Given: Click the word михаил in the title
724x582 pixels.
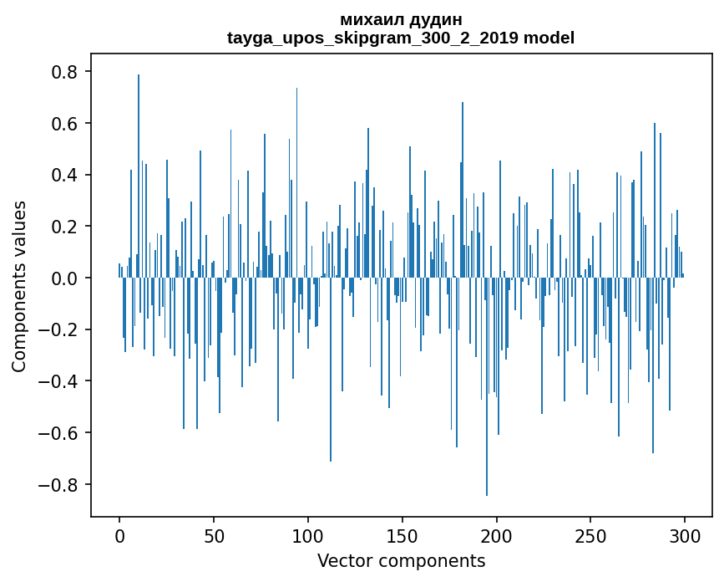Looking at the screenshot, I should pos(368,19).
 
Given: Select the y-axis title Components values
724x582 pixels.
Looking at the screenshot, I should pos(19,286).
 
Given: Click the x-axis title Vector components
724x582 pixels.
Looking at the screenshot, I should pos(401,560).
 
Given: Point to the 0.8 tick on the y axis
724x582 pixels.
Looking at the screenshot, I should pos(65,72).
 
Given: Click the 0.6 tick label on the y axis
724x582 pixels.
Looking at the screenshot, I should pos(65,124).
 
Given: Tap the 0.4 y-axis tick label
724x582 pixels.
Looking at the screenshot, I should pos(65,176).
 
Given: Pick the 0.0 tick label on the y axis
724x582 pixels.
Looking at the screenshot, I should pos(65,278).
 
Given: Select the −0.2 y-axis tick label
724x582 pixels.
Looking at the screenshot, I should pos(60,329).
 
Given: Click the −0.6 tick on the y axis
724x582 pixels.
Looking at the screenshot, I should pos(60,433).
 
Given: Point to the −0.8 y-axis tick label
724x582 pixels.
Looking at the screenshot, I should pos(60,485).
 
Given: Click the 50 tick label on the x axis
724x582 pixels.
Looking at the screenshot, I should pos(214,534).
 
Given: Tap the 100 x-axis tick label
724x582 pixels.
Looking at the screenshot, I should pos(308,534).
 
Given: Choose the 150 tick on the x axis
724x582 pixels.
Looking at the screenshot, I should pos(403,534).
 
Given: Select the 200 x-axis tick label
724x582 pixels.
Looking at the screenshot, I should pos(497,534).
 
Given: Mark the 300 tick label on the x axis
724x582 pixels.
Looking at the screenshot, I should pos(686,534).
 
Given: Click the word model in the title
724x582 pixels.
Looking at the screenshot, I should pos(553,38).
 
